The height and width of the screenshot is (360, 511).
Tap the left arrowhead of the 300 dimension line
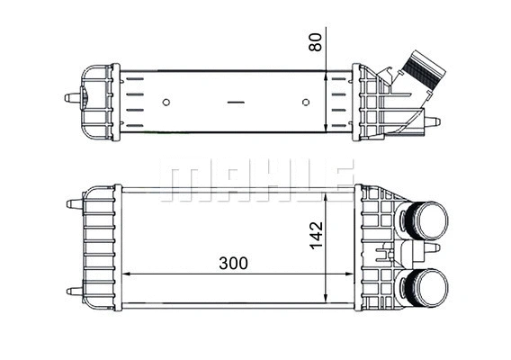pyautogui.click(x=125, y=273)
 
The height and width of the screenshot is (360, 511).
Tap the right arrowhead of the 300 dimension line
pyautogui.click(x=349, y=273)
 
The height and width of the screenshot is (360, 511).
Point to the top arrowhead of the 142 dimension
pyautogui.click(x=327, y=193)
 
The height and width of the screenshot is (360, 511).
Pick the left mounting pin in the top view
pyautogui.click(x=71, y=97)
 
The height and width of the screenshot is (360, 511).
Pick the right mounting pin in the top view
pyautogui.click(x=433, y=121)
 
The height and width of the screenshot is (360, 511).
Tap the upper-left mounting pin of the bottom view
pyautogui.click(x=73, y=204)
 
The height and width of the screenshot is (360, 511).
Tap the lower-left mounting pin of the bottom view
pyautogui.click(x=73, y=291)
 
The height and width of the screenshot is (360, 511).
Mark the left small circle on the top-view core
pyautogui.click(x=167, y=102)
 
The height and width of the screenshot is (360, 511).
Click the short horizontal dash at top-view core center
pyautogui.click(x=236, y=103)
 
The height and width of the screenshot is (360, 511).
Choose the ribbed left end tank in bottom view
pyautogui.click(x=99, y=247)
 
